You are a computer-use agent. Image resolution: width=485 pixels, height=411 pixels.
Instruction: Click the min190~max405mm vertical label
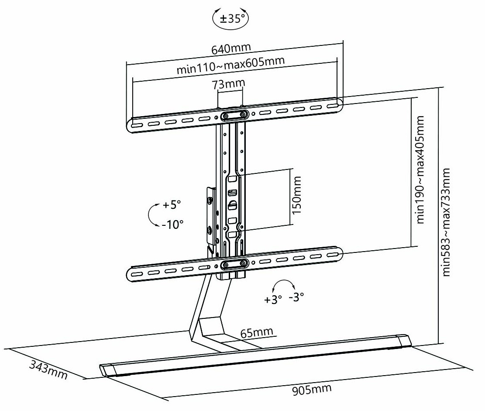pyautogui.click(x=421, y=169)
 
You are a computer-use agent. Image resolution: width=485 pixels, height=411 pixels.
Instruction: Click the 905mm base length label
pyautogui.click(x=312, y=389)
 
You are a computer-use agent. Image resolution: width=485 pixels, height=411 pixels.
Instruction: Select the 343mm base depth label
pyautogui.click(x=48, y=370)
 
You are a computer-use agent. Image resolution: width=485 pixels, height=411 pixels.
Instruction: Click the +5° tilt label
pyautogui.click(x=172, y=205)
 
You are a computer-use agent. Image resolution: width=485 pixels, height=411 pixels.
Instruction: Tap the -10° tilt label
pyautogui.click(x=172, y=224)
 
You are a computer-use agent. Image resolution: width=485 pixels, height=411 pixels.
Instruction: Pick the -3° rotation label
pyautogui.click(x=296, y=297)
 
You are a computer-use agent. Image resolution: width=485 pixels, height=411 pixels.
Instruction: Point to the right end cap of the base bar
pyautogui.click(x=404, y=342)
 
